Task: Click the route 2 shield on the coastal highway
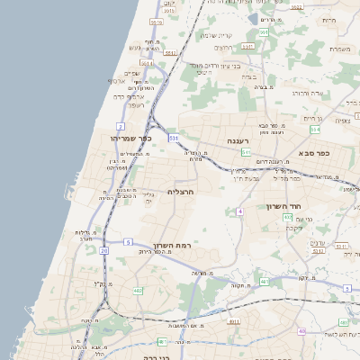(x=121, y=126)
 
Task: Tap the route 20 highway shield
(x=104, y=250)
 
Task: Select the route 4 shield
(x=240, y=211)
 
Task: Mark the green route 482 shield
(x=138, y=291)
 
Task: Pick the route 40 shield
(x=302, y=332)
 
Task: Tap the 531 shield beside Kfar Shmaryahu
(x=173, y=138)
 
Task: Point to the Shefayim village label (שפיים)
(x=131, y=74)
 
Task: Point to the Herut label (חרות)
(x=328, y=20)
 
